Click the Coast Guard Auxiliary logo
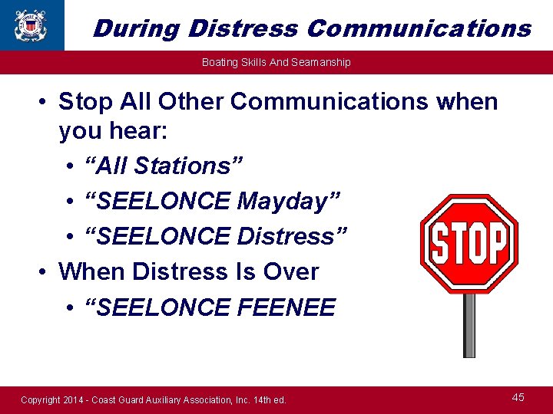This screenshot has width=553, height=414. coord(30,25)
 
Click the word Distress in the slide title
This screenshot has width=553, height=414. coord(244,28)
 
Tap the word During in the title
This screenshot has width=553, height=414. coord(136,28)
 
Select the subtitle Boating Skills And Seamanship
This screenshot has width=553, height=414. coord(276,62)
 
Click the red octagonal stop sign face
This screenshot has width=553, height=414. coord(469,244)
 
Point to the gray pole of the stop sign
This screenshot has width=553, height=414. coord(469,325)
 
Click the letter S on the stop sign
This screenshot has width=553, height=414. coord(440,244)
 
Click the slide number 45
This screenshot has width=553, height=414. coord(518,397)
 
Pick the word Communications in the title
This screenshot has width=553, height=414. coord(419,28)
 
